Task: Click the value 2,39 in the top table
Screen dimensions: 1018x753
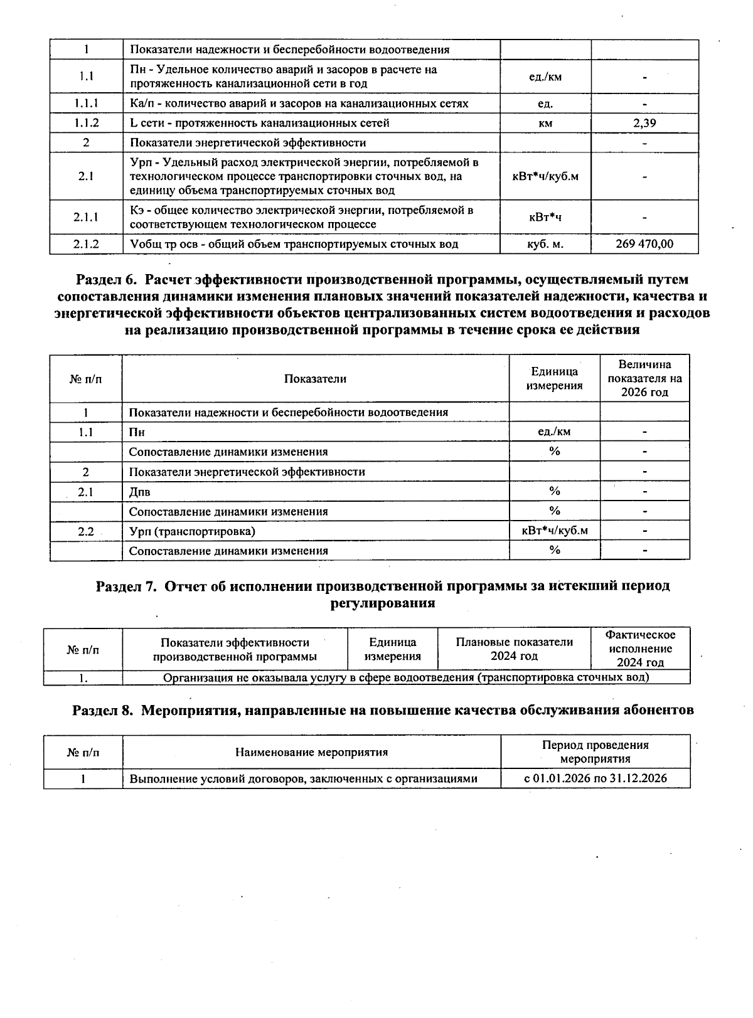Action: tap(644, 124)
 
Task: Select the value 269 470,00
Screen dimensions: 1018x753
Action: tap(644, 244)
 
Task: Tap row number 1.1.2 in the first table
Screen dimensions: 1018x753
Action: tap(86, 124)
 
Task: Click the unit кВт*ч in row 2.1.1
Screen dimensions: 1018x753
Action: tap(545, 217)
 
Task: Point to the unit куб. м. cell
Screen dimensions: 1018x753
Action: tap(545, 244)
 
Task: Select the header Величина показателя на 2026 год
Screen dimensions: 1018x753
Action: tap(644, 378)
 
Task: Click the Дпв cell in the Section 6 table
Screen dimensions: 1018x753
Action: tap(140, 492)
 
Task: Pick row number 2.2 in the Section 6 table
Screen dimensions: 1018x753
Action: tap(86, 531)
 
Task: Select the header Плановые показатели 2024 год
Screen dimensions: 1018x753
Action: tap(514, 649)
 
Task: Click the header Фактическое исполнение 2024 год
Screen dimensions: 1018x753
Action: tap(640, 649)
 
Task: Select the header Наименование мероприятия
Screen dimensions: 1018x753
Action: tap(311, 752)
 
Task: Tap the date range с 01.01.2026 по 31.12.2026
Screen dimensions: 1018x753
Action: tap(595, 778)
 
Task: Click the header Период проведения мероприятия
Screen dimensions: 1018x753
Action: tap(595, 751)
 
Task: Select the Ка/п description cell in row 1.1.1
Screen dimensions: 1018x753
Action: tap(299, 103)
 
